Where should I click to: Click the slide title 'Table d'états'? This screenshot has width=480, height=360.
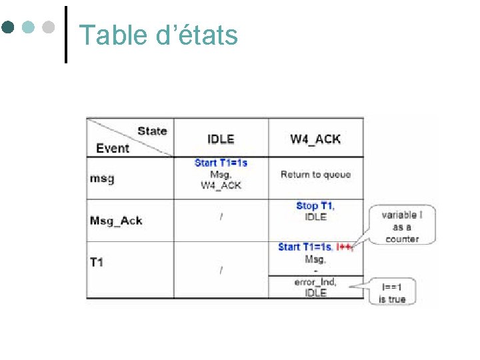(x=158, y=35)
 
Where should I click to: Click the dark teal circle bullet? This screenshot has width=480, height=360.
(x=9, y=28)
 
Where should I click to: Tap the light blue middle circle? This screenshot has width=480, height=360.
(x=28, y=28)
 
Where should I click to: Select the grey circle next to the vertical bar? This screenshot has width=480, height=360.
(x=47, y=28)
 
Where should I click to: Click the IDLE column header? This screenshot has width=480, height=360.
(x=221, y=139)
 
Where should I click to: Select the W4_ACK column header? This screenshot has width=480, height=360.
(x=315, y=139)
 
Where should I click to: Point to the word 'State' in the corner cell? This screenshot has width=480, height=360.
(x=152, y=131)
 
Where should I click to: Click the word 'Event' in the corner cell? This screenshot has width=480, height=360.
(x=113, y=148)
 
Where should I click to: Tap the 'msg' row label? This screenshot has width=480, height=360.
(x=102, y=178)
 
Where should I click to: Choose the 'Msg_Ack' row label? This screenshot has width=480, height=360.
(x=116, y=221)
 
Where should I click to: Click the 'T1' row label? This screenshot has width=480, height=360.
(x=97, y=262)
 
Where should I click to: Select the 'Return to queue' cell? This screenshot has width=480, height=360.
(x=315, y=175)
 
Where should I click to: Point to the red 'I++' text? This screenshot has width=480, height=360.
(x=344, y=247)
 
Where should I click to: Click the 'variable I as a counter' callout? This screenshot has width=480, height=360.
(x=401, y=227)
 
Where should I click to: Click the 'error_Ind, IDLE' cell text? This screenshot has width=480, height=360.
(x=315, y=287)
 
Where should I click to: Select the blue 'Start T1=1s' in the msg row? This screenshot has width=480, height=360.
(x=221, y=163)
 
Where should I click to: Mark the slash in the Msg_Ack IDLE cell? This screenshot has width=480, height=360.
(x=221, y=217)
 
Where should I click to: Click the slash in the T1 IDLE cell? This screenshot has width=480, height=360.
(x=221, y=269)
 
